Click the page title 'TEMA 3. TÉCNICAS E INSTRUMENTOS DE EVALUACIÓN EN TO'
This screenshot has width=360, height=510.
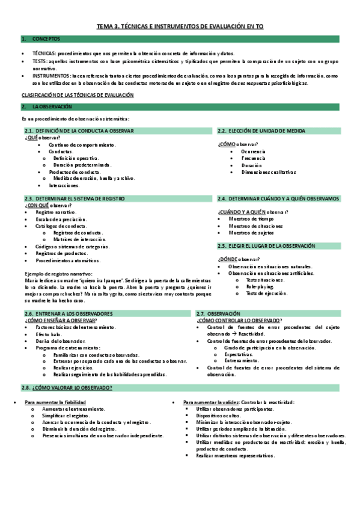(180, 27)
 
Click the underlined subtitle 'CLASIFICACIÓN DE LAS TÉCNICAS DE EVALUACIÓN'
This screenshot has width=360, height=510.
(78, 96)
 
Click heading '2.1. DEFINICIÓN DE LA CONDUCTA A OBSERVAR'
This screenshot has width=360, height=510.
(79, 131)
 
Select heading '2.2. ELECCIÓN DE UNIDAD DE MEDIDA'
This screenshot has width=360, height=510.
(261, 131)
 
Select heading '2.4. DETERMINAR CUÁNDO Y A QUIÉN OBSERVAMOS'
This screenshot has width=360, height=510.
(278, 198)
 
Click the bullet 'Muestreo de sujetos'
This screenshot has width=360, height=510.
(251, 232)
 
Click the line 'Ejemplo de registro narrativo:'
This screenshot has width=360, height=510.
(54, 274)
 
